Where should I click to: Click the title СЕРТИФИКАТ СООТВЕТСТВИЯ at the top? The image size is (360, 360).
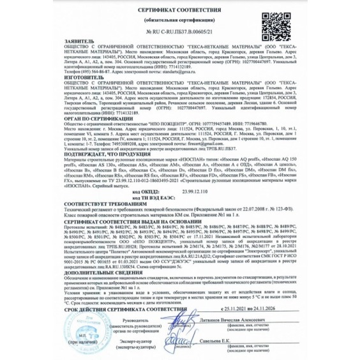180,11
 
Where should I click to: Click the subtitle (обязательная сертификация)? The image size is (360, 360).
180,20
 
